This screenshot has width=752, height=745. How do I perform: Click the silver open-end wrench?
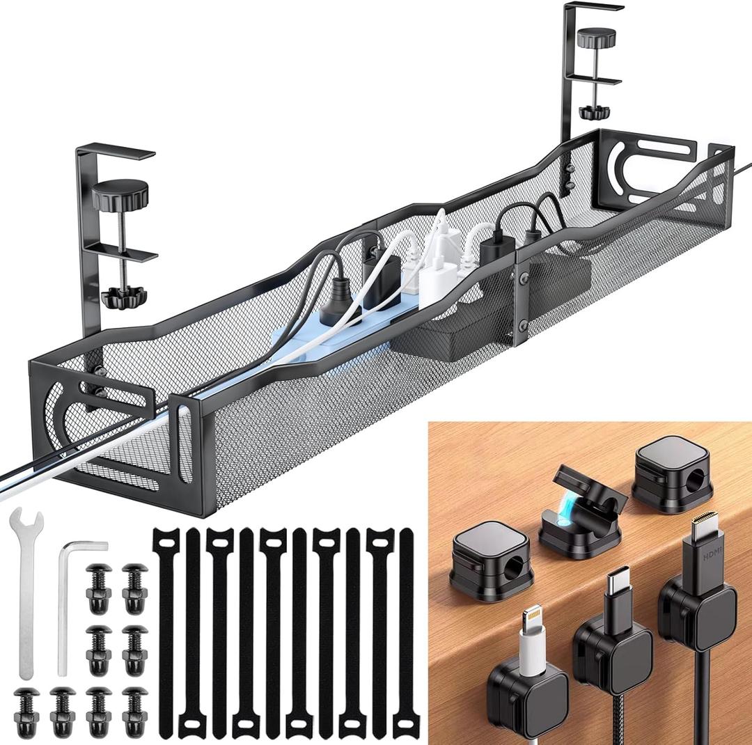[x=26, y=592]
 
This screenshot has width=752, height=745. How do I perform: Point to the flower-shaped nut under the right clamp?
[x=593, y=111]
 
